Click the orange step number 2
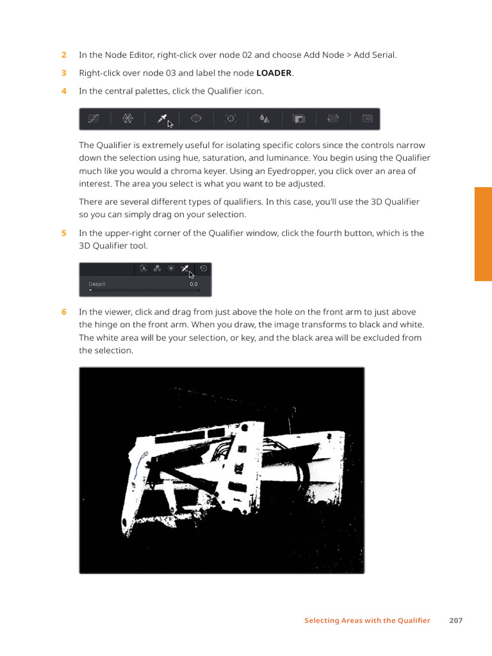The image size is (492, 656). (x=64, y=55)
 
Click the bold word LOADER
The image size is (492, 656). (x=274, y=73)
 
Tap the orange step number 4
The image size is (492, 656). (x=64, y=91)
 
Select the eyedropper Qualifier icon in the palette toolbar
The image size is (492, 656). (x=162, y=119)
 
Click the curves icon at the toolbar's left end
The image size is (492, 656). (x=94, y=119)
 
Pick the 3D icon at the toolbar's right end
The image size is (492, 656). (x=367, y=119)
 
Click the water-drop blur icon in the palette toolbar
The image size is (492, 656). (x=265, y=119)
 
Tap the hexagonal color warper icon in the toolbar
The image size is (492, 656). (x=127, y=119)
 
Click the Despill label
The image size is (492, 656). (x=97, y=284)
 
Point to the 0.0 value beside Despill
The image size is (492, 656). (x=193, y=284)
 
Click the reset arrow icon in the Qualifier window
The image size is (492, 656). (x=203, y=268)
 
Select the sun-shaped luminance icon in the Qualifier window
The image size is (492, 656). (x=170, y=268)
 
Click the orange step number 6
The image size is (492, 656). (x=64, y=312)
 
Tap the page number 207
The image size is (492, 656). (x=456, y=620)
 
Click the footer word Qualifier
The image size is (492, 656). (x=414, y=620)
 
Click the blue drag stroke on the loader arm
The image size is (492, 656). (x=137, y=467)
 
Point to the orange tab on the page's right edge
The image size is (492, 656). (x=483, y=234)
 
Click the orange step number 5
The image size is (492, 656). (x=64, y=233)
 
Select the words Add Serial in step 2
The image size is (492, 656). (x=374, y=55)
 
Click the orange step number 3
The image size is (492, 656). (x=64, y=73)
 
